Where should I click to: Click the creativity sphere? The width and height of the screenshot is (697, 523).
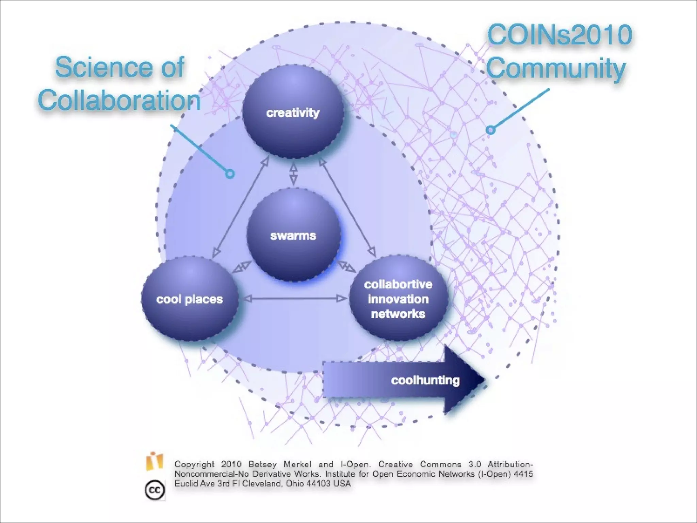293,112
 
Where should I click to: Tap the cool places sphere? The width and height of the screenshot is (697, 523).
190,299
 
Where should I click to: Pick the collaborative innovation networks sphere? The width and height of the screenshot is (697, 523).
398,299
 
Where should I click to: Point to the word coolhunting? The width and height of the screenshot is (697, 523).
425,380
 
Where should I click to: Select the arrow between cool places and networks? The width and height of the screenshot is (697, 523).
295,299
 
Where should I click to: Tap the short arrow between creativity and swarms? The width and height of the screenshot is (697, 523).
293,173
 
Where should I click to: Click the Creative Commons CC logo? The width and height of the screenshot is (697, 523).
155,490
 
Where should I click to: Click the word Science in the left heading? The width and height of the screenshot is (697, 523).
104,67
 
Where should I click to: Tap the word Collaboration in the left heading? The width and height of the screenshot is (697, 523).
119,100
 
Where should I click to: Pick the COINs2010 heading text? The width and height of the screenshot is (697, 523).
560,35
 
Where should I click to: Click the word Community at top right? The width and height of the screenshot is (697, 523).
556,68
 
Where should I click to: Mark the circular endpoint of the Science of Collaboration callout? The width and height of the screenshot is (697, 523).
230,174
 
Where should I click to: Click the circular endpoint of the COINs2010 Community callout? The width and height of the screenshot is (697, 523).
490,130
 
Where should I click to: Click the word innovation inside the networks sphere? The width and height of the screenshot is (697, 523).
398,299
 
